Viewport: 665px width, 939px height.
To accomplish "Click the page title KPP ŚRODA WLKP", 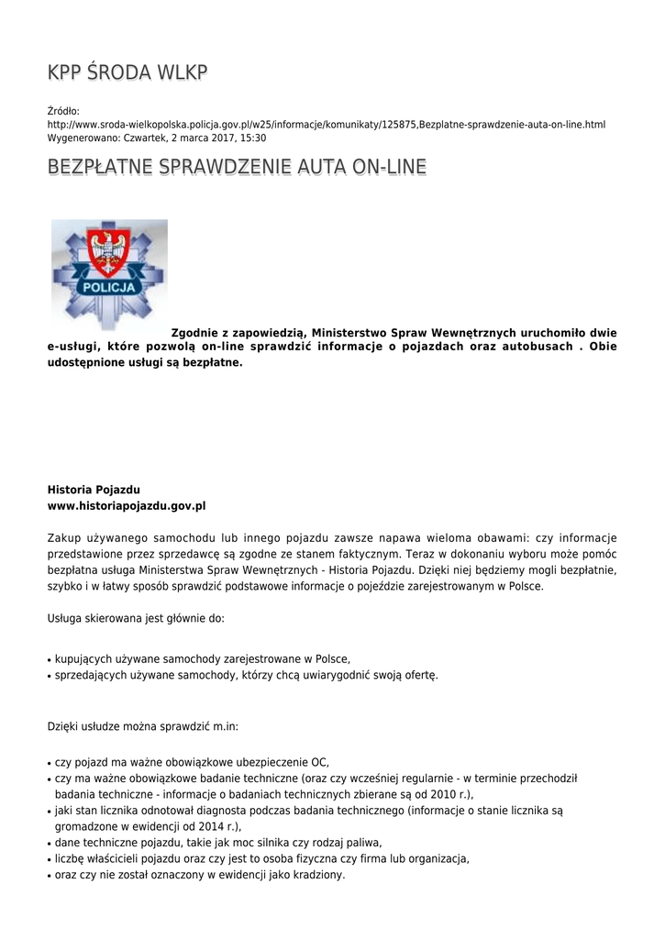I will click(127, 72).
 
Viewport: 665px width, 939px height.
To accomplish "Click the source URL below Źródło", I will click(326, 124).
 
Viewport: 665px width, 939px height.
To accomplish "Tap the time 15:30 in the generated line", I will click(253, 138).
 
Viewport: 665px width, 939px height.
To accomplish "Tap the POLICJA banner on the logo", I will click(109, 286).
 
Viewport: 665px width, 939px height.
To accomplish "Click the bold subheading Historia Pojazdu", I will click(94, 490).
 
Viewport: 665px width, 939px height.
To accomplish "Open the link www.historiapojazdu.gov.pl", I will click(127, 505).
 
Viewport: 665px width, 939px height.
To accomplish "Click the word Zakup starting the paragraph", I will click(64, 538).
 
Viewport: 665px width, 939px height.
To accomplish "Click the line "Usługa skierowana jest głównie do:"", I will click(136, 618).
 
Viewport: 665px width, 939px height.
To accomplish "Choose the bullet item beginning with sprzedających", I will click(246, 675).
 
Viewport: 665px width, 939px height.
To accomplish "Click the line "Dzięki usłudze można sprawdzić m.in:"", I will click(143, 726).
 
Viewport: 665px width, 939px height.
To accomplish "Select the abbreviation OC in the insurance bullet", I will click(319, 762).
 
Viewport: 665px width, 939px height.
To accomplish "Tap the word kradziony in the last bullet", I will click(316, 875).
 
